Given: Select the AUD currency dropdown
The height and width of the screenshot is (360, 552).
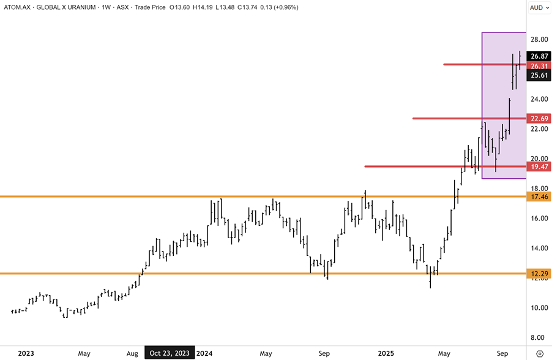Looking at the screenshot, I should (539, 7).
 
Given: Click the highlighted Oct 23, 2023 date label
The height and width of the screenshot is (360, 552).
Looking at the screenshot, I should (170, 353).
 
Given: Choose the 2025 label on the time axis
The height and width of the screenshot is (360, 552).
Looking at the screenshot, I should (386, 353).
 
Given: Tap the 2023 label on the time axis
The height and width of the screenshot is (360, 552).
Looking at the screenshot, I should (26, 353).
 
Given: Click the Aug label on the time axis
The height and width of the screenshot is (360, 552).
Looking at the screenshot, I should (132, 353).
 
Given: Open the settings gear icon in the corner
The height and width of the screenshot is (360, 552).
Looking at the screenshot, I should (539, 353).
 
